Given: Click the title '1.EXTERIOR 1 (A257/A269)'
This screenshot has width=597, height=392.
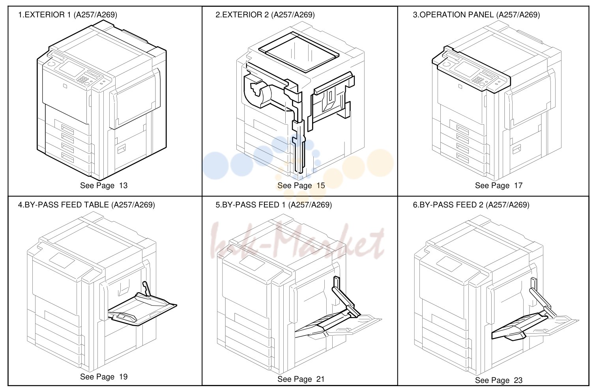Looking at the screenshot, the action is point(67,15).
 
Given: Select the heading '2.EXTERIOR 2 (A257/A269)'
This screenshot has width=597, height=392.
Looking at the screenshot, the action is point(265,15).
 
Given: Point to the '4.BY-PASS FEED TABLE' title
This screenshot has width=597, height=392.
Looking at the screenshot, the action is point(64,205).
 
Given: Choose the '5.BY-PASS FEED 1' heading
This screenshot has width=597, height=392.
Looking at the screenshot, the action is point(251,205).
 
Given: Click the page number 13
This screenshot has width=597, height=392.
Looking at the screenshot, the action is point(123,185).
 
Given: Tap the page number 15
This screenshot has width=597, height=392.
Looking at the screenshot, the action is point(321,185).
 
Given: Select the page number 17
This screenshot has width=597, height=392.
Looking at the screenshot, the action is point(518,185).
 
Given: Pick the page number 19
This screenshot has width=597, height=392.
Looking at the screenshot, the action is point(123,377).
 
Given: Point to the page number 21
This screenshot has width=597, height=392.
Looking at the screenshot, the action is point(321,379).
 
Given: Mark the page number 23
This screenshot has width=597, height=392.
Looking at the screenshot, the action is point(518,380).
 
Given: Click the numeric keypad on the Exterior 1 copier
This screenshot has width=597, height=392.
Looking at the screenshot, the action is point(83,79).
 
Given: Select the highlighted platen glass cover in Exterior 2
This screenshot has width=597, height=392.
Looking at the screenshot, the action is point(299,52).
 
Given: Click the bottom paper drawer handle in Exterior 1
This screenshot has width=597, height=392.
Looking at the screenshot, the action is point(67,157).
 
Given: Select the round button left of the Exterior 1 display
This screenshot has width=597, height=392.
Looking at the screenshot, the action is point(52,64).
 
